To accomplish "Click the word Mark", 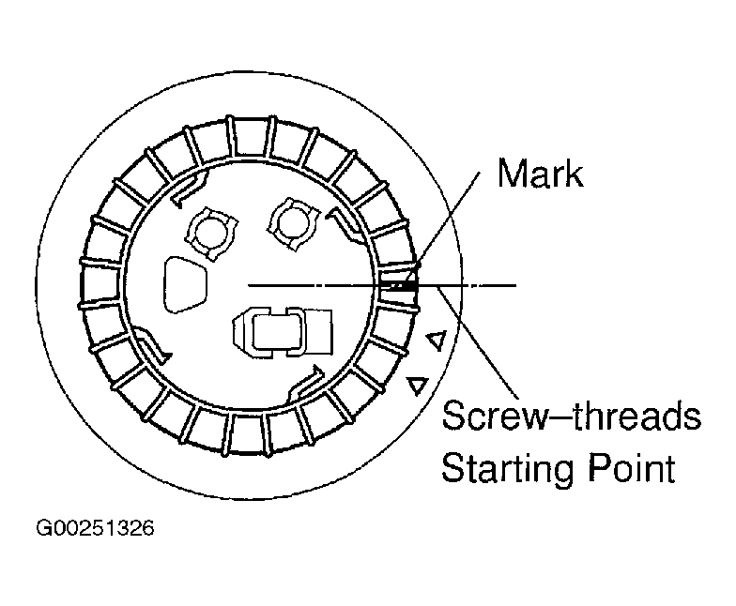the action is click(x=540, y=174).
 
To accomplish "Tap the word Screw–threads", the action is click(x=571, y=416).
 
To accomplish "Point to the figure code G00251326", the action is click(x=95, y=528).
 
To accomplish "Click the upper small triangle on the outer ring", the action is click(x=435, y=341).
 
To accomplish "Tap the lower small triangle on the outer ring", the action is click(x=418, y=385).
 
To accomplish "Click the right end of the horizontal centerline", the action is click(x=514, y=283).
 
